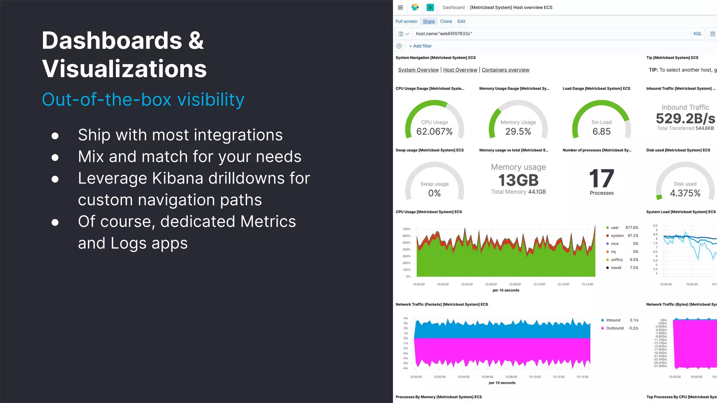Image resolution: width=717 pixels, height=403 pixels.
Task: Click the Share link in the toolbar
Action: click(x=429, y=21)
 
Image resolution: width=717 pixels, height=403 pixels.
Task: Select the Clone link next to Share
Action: click(x=446, y=21)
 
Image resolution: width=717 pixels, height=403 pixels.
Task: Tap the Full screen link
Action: click(x=406, y=21)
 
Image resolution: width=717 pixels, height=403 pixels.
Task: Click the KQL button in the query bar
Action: click(x=697, y=34)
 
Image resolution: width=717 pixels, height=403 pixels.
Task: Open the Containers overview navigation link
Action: click(x=505, y=70)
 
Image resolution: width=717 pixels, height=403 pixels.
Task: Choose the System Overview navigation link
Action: click(x=418, y=70)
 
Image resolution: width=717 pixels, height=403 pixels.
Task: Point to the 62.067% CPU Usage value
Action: click(x=434, y=132)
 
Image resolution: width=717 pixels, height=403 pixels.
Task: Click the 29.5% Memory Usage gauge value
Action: click(x=518, y=132)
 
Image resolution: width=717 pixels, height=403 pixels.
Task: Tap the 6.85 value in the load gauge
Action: click(x=601, y=132)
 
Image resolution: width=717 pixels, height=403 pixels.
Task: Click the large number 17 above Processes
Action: click(x=601, y=178)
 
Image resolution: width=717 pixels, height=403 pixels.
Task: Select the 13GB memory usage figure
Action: click(x=518, y=181)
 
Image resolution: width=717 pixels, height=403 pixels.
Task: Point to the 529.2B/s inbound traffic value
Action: click(x=685, y=119)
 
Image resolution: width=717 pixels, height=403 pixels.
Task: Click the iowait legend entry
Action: click(x=616, y=268)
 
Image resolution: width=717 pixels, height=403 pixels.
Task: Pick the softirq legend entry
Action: click(x=616, y=260)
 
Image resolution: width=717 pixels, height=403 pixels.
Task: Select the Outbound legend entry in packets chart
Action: click(x=614, y=328)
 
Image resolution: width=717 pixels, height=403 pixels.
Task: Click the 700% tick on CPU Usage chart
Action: click(x=406, y=229)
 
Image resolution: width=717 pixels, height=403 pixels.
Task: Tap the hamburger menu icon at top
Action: click(x=400, y=7)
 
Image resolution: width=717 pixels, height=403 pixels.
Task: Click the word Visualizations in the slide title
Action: click(x=124, y=69)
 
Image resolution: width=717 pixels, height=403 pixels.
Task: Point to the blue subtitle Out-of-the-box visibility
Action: click(x=143, y=100)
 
